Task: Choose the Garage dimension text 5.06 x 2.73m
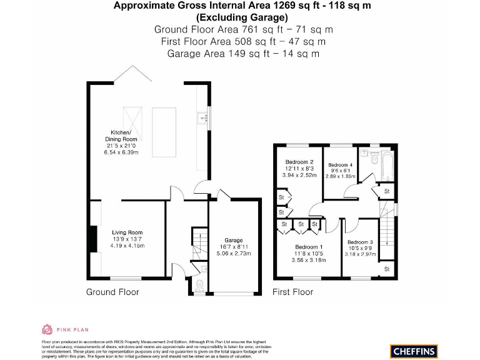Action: point(234,254)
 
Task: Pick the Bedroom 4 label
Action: point(340,164)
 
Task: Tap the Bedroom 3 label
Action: point(360,242)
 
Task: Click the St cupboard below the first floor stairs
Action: point(387,269)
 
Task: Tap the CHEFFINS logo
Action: point(414,351)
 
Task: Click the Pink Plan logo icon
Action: point(47,329)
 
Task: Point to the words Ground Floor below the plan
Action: point(112,292)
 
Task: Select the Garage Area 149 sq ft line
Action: point(243,54)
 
